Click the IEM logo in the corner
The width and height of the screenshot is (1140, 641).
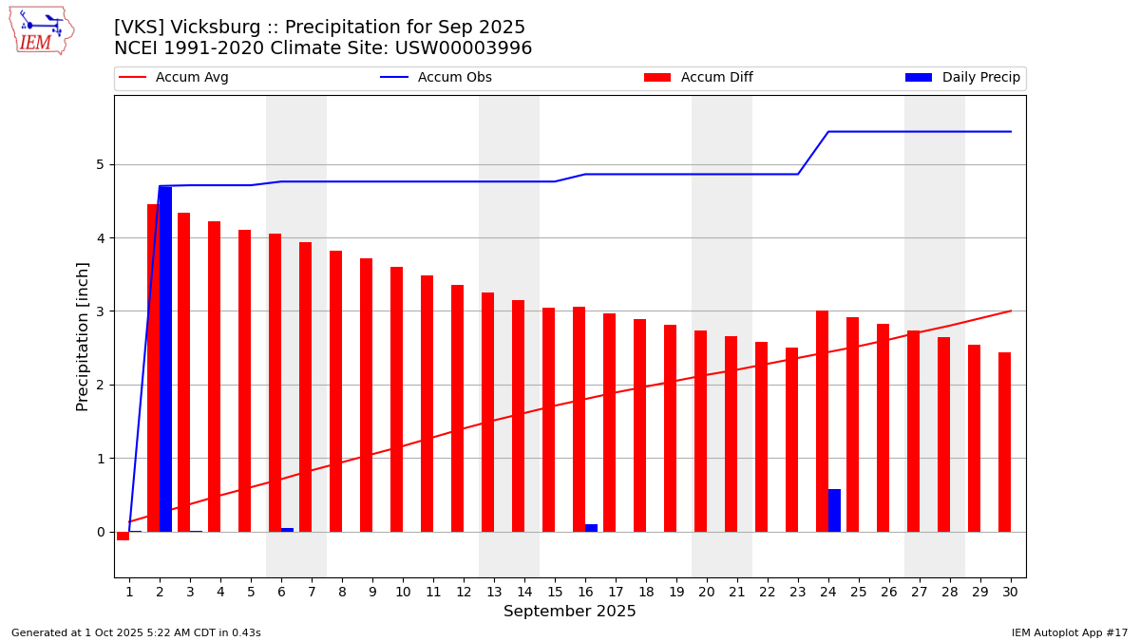coord(41,30)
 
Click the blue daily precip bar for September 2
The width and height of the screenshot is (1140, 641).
coord(165,359)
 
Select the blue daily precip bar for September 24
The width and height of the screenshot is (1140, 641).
coord(834,510)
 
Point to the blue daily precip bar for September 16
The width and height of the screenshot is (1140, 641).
coord(591,528)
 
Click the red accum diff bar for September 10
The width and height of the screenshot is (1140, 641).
coord(396,399)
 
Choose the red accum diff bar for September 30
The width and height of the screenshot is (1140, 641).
coord(1004,442)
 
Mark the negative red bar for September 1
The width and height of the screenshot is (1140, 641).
coord(123,536)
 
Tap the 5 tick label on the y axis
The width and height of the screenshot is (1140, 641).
coord(100,164)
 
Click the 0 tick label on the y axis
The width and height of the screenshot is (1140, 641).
coord(100,532)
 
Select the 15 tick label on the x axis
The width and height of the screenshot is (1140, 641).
coord(555,592)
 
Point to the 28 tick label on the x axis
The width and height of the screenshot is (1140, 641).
coord(950,592)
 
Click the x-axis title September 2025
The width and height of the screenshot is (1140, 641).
coord(570,612)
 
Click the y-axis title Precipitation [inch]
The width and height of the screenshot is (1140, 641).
coord(84,336)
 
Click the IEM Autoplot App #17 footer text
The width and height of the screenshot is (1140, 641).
coord(1070,632)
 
